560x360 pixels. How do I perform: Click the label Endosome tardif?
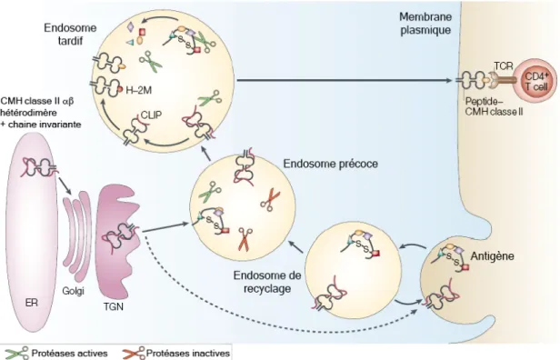coord(70,34)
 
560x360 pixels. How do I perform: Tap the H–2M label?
coord(138,90)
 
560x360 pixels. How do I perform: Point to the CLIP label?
coord(151,115)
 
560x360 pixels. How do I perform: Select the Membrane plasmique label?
coord(425,24)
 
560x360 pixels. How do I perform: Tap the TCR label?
coord(504,65)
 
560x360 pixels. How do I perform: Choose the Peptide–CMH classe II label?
coord(494,106)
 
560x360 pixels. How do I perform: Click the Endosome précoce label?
coord(330,164)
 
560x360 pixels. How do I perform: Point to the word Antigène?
coord(492,256)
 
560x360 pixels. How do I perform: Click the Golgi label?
coord(73,291)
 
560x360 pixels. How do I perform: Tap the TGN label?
coord(114,306)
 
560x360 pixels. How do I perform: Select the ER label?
coord(32,303)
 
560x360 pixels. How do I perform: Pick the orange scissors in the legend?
coord(134,353)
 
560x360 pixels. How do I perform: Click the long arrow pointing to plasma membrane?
coord(345,80)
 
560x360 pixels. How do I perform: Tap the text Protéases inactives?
coord(188,354)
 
